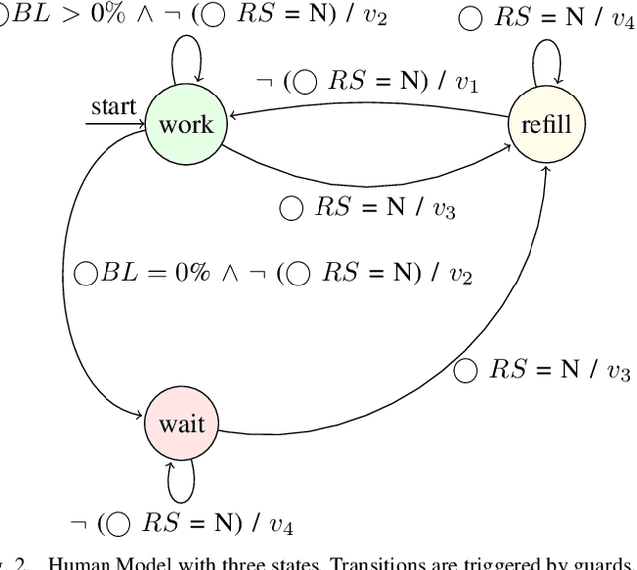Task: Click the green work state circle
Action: point(185,123)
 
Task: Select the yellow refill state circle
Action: point(547,123)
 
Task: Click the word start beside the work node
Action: point(113,105)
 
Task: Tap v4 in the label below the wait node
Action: point(283,523)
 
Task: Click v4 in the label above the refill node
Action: point(621,20)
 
